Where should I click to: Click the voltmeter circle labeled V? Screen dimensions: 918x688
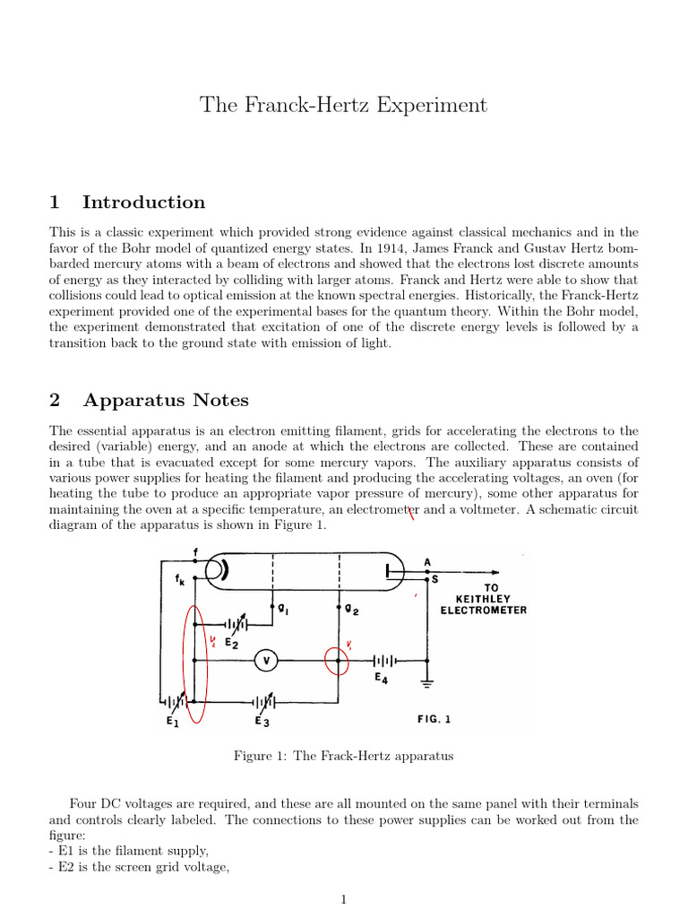pyautogui.click(x=265, y=661)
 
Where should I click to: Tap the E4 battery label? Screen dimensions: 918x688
pyautogui.click(x=382, y=679)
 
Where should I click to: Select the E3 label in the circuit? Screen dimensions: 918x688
pyautogui.click(x=262, y=720)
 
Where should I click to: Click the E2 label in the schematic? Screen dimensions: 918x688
pyautogui.click(x=231, y=643)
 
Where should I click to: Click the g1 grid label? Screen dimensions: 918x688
pyautogui.click(x=282, y=609)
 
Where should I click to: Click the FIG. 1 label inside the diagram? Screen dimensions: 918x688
pyautogui.click(x=434, y=718)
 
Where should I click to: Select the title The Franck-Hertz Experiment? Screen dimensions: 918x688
pyautogui.click(x=344, y=105)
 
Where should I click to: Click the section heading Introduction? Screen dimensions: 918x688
pyautogui.click(x=143, y=202)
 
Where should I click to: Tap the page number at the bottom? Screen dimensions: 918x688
pyautogui.click(x=344, y=900)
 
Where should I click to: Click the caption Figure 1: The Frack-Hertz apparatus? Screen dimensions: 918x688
pyautogui.click(x=344, y=756)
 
